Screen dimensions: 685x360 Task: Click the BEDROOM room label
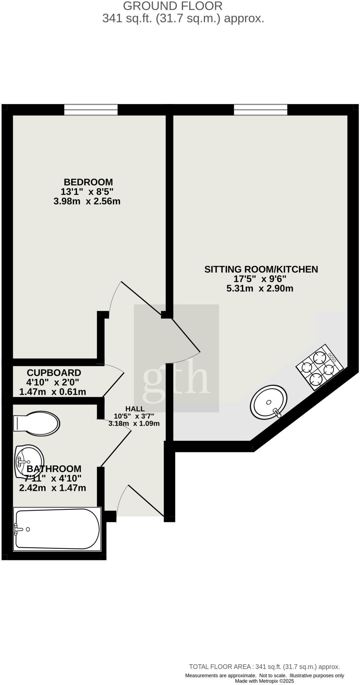point(88,182)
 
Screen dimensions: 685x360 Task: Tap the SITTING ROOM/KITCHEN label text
point(261,269)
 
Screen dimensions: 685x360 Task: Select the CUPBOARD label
point(54,373)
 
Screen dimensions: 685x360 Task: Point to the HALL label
point(135,409)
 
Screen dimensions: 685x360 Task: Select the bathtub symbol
point(57,529)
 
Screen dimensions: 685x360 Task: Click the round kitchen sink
point(268,402)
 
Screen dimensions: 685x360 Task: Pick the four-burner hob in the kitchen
point(320,367)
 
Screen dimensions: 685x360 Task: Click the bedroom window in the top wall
point(91,109)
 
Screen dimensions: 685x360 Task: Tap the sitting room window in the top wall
point(260,109)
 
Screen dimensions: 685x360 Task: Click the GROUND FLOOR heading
point(173,6)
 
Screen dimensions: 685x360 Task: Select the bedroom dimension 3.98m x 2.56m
point(87,201)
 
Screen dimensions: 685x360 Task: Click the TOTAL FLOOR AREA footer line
point(264,667)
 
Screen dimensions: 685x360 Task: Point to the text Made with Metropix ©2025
point(264,681)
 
